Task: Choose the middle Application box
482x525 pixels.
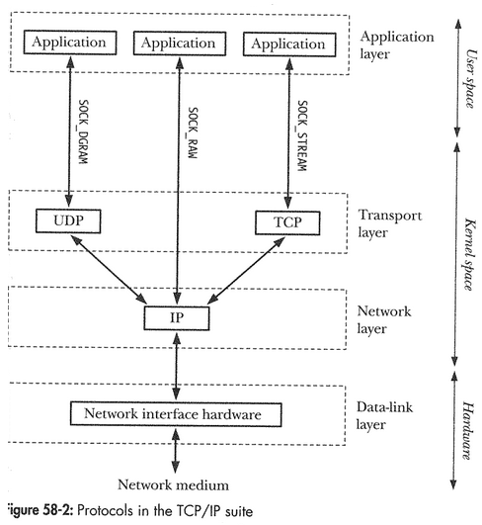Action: click(177, 44)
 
